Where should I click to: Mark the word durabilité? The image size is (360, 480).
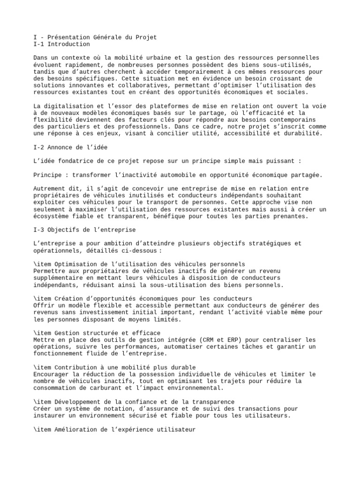coord(301,133)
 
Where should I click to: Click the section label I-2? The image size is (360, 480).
coord(39,147)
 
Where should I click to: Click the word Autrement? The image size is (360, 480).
coord(51,188)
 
